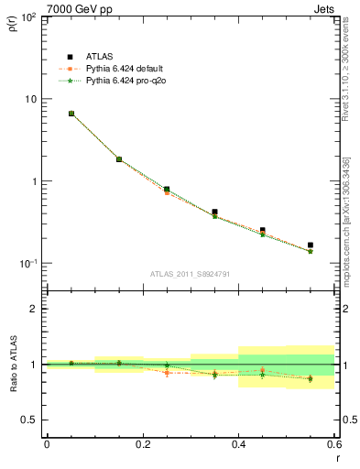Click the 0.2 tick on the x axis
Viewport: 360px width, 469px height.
click(143, 444)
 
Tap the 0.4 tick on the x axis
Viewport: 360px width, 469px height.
click(239, 444)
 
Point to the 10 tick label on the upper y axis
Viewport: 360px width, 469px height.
click(29, 99)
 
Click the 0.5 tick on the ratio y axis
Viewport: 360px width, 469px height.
click(29, 420)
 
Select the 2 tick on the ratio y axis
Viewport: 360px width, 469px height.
click(34, 309)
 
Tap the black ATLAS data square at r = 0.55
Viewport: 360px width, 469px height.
click(311, 245)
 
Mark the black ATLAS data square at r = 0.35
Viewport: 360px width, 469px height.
click(214, 212)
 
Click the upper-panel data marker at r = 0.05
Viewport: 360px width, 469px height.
click(71, 114)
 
